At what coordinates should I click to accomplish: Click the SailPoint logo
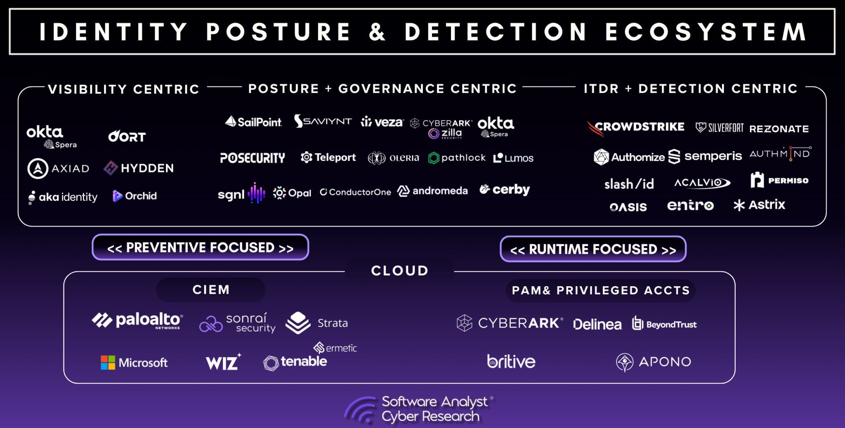253,122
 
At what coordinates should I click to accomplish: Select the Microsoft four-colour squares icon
108,363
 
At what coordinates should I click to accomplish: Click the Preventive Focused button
200,247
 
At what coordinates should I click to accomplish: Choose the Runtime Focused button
593,249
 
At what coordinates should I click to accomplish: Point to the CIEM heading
211,290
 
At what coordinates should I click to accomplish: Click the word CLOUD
399,271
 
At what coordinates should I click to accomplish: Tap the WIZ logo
223,362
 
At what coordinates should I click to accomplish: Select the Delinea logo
597,325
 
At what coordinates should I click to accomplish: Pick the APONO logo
654,362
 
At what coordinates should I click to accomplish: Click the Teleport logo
328,157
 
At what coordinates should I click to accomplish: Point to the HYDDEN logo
139,168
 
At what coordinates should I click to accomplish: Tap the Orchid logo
135,196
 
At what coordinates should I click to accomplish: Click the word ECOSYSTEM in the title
706,32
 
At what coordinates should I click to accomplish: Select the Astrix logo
759,205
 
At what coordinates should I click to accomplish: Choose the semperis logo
705,156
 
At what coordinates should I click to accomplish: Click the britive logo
511,362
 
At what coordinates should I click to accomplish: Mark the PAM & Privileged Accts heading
600,290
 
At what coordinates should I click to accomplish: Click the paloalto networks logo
137,320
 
